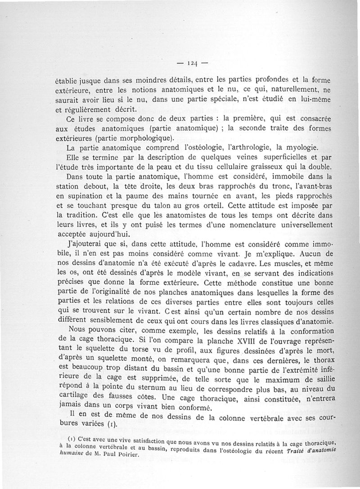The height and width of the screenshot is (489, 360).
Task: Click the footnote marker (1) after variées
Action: (111, 424)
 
